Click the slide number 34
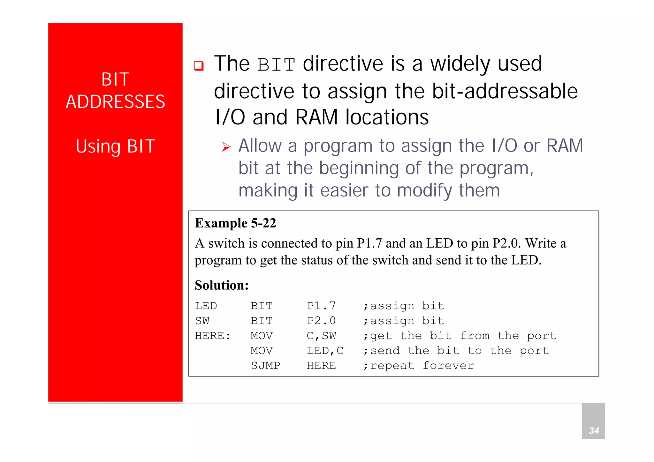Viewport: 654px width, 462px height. point(594,430)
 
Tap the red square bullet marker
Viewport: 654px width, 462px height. point(199,66)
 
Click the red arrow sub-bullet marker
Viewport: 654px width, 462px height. point(226,147)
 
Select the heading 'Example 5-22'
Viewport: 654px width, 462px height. point(235,223)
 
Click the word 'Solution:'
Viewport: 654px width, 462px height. point(222,285)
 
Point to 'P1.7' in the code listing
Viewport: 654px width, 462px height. point(321,306)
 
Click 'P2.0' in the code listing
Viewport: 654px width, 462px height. point(321,321)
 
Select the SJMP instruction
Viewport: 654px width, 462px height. point(265,366)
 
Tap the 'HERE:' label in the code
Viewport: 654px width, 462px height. point(213,336)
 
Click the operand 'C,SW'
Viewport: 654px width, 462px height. point(321,336)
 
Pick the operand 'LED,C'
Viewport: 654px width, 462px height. point(325,351)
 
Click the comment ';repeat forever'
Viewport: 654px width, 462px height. point(418,366)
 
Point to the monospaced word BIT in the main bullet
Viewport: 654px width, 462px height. point(276,65)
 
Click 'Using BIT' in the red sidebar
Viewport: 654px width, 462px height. point(115,146)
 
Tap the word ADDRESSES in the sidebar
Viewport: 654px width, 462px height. point(115,102)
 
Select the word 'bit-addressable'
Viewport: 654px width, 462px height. point(505,91)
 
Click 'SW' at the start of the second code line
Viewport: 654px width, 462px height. point(202,321)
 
